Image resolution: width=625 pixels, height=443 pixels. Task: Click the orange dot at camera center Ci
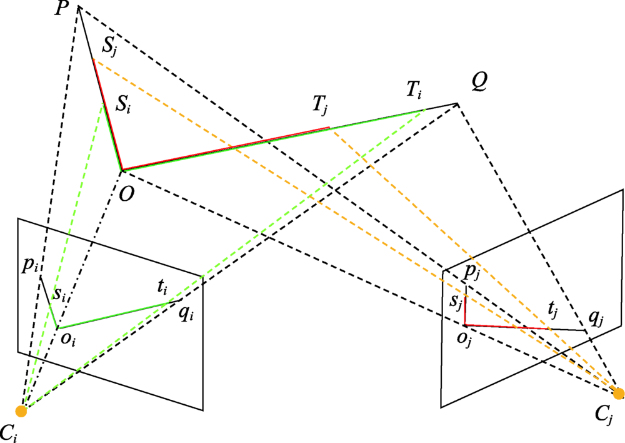click(x=21, y=411)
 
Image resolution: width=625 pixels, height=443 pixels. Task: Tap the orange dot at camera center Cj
click(x=619, y=393)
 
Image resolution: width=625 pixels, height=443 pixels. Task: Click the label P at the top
click(x=61, y=9)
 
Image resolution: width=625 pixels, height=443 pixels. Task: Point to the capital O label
click(x=127, y=194)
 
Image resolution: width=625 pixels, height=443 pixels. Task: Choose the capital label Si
click(x=122, y=104)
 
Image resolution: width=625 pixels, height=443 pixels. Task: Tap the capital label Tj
click(x=320, y=106)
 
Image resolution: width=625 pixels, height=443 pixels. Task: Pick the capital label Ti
click(x=414, y=90)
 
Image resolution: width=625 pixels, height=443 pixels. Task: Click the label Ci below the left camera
click(x=9, y=433)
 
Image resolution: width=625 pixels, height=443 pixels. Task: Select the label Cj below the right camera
click(x=605, y=415)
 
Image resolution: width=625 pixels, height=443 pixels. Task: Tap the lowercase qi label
click(x=186, y=314)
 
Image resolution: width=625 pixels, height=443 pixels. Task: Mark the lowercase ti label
click(x=162, y=287)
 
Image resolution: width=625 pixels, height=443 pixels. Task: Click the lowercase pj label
click(x=472, y=274)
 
